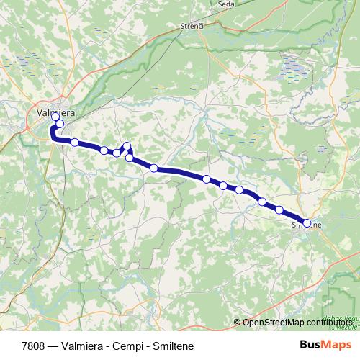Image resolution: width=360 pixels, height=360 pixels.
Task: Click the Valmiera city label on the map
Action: click(x=55, y=112)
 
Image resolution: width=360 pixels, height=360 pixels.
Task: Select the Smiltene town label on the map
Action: click(x=305, y=224)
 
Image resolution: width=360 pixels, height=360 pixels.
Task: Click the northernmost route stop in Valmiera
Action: click(x=55, y=116)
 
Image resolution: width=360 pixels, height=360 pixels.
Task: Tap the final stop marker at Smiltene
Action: click(x=307, y=223)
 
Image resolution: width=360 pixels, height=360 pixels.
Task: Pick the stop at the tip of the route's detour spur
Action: click(x=127, y=147)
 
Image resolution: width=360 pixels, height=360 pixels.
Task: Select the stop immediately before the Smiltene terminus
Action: click(x=279, y=210)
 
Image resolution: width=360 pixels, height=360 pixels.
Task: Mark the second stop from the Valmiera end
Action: click(x=60, y=124)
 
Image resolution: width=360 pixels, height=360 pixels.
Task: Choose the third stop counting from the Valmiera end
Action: click(x=74, y=142)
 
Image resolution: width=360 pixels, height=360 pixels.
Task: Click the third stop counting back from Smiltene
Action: click(x=262, y=202)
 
